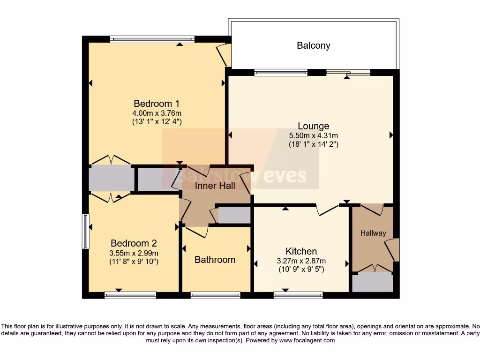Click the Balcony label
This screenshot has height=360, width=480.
313,45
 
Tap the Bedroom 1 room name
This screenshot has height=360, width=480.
157,104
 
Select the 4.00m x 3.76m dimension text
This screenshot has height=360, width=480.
157,113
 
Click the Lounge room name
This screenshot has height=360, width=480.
314,126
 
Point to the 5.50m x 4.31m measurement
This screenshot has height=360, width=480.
314,135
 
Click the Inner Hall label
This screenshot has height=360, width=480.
215,186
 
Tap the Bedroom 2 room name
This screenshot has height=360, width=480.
134,243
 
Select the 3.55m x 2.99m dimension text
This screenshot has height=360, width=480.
134,253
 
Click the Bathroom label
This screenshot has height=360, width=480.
215,260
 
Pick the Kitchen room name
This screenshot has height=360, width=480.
301,251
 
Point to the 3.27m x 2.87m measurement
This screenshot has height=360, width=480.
301,261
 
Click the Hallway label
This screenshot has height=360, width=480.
373,233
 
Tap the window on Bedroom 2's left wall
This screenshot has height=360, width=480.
85,231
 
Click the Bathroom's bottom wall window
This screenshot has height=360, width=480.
216,295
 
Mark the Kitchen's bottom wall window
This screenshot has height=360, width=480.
298,295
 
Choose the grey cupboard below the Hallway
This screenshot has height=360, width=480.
373,283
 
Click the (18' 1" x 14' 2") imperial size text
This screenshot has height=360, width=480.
314,144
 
